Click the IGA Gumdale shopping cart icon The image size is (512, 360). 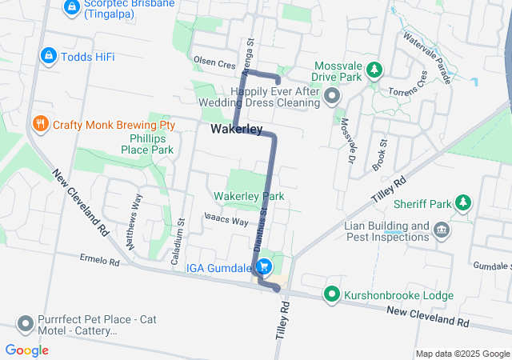267,267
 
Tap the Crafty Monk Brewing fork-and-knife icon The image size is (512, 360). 39,124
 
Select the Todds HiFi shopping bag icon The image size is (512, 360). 48,55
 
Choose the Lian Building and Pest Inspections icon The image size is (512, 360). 441,232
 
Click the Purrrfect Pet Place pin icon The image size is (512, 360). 25,323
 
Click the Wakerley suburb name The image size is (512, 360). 237,130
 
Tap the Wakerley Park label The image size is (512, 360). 249,196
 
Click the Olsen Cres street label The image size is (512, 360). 214,61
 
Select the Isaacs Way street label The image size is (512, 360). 226,218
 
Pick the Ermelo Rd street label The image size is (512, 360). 99,261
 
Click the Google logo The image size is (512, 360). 26,350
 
